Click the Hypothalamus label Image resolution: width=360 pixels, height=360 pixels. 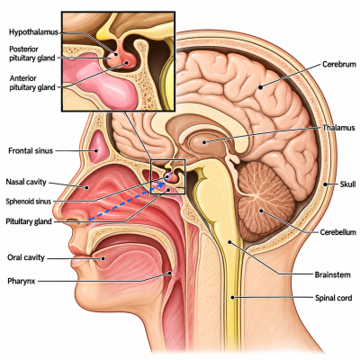[33, 32]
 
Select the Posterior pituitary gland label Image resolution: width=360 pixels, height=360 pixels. [32, 53]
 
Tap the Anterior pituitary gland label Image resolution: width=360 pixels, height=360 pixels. [32, 83]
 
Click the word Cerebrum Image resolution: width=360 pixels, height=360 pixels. [339, 64]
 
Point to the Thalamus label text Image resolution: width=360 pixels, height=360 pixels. [338, 128]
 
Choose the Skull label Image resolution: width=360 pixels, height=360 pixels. [347, 184]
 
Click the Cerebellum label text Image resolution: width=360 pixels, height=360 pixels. [337, 232]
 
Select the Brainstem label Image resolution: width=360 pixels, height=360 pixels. [332, 274]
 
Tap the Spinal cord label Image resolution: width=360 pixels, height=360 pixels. [333, 298]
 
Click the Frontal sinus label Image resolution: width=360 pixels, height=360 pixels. [31, 150]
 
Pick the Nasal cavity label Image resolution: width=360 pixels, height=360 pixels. [26, 182]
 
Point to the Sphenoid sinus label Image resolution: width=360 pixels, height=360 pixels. [29, 202]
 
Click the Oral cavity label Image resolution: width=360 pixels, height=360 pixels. [26, 257]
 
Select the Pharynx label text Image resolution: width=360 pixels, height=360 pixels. [22, 282]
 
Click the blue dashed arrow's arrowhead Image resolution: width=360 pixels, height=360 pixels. [162, 184]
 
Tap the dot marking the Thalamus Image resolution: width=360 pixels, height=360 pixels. [204, 142]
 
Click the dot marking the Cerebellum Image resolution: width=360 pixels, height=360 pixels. [261, 211]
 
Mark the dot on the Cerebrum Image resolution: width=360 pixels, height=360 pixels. [260, 87]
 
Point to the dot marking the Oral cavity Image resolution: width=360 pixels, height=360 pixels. [103, 258]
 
